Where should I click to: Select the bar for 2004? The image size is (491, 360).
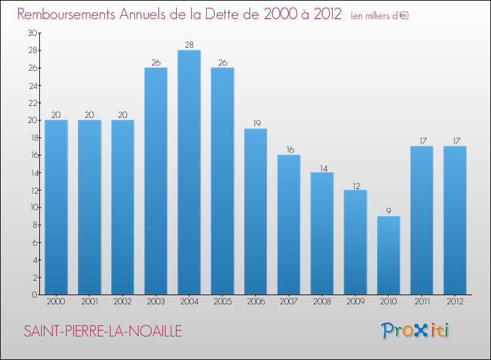[x=189, y=172]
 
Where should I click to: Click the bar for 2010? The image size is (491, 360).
[x=389, y=255]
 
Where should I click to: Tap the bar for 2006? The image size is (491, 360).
[x=255, y=211]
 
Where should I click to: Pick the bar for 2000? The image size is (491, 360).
[x=56, y=207]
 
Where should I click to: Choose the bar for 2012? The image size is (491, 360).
[x=455, y=221]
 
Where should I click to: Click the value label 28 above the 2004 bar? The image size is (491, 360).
[x=189, y=45]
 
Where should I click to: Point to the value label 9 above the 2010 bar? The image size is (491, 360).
[x=389, y=211]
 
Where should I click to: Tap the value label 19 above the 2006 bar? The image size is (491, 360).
[x=257, y=123]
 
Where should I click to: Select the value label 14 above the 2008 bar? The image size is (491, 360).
[x=324, y=169]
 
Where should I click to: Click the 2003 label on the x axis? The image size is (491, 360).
[x=156, y=302]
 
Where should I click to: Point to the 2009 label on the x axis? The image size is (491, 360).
[x=355, y=302]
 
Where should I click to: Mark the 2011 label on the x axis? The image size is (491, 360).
[x=422, y=302]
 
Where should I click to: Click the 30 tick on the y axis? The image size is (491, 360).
[x=33, y=33]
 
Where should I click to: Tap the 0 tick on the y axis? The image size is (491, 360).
[x=35, y=295]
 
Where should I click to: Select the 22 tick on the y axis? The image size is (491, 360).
[x=33, y=103]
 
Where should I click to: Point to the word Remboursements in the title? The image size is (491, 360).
[x=66, y=14]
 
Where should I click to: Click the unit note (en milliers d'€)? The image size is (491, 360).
[x=380, y=16]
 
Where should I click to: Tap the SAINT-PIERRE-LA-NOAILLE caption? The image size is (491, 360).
[x=103, y=331]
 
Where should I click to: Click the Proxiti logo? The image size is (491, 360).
[x=415, y=331]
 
